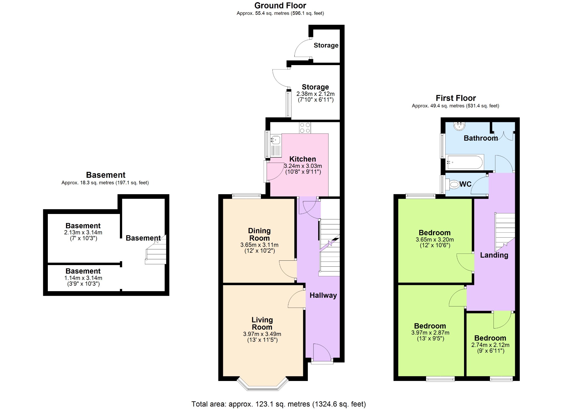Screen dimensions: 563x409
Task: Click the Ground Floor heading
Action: click(280, 5)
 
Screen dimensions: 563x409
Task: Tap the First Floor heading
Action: click(456, 98)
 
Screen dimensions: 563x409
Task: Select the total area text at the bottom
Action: click(278, 404)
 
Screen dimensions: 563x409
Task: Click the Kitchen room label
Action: click(302, 159)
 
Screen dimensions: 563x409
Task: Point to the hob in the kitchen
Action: click(305, 128)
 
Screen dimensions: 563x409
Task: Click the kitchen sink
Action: click(276, 146)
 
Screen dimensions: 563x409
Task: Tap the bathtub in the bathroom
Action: click(464, 162)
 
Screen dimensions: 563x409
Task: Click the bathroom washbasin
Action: click(459, 126)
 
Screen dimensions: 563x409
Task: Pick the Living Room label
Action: click(262, 324)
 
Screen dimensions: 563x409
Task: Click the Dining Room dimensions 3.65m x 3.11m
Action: click(259, 245)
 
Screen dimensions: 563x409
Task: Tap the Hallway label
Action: click(323, 295)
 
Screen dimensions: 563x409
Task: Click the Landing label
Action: click(494, 255)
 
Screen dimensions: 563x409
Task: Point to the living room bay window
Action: click(263, 385)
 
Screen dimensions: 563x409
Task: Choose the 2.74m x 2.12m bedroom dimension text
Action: click(490, 345)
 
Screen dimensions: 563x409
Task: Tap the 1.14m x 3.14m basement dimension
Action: click(83, 278)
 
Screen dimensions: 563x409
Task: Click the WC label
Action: click(465, 184)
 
